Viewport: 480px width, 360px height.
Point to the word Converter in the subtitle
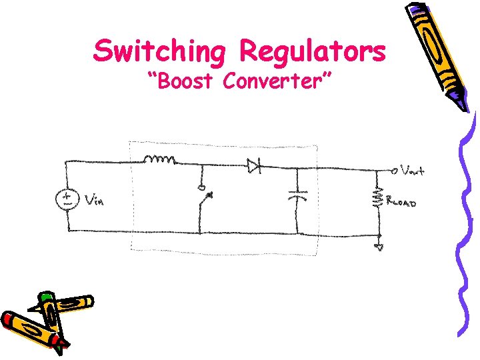click(279, 82)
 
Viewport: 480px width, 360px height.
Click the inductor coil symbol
click(160, 160)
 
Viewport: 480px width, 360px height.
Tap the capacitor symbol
click(297, 195)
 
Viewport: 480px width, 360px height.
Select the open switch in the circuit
click(203, 197)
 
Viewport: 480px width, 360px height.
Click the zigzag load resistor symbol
click(379, 197)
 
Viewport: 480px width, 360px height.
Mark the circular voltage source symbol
click(68, 199)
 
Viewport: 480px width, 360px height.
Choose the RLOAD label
click(403, 202)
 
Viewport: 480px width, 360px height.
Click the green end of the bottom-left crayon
click(45, 296)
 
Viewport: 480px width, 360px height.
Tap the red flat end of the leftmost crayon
click(7, 319)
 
